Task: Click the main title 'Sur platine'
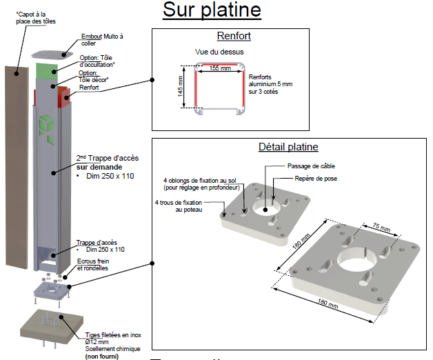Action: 212,10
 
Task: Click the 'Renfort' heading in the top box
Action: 233,36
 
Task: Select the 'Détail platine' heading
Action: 288,147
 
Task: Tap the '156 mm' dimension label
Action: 220,67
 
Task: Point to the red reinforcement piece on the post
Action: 66,97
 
